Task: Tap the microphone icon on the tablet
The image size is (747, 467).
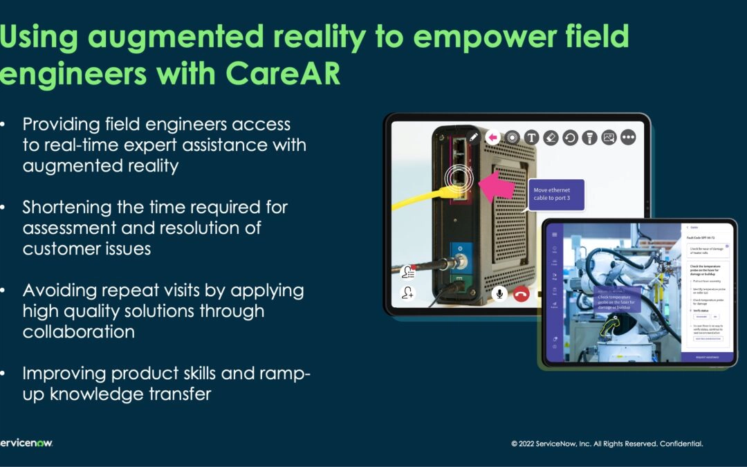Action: click(x=499, y=293)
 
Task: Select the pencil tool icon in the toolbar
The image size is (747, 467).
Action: click(x=473, y=137)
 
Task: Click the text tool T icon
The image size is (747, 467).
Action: click(x=531, y=137)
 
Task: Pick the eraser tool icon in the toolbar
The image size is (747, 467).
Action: click(x=551, y=137)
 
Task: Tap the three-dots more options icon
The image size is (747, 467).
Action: click(x=628, y=137)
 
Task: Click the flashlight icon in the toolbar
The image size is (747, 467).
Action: click(x=589, y=137)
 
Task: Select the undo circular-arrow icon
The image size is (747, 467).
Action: click(x=570, y=137)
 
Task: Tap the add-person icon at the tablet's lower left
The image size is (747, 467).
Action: click(x=408, y=293)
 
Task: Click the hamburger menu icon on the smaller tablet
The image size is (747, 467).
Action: click(x=554, y=235)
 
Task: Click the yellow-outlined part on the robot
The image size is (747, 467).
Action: click(x=608, y=326)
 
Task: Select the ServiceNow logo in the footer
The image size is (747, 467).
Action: click(x=26, y=443)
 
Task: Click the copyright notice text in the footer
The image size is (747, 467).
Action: click(x=607, y=443)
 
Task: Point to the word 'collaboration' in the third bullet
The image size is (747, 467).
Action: click(x=79, y=331)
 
